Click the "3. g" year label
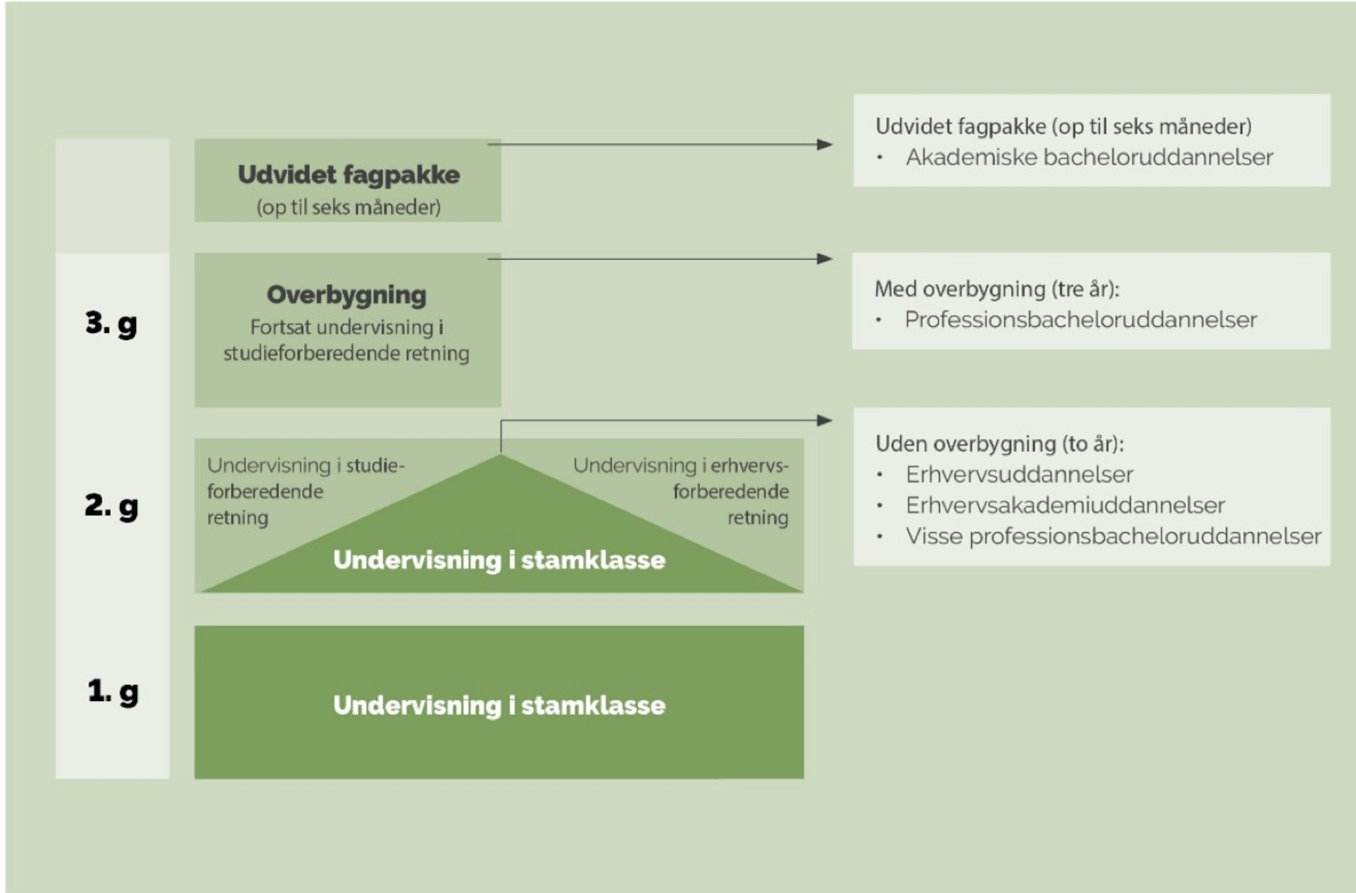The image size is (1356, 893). [111, 324]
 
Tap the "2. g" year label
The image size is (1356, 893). [111, 506]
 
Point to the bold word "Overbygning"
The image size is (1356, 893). [346, 295]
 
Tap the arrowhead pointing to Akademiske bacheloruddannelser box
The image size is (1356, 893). [824, 145]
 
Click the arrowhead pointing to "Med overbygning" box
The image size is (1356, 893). [824, 259]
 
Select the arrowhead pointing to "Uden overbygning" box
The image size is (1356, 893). [824, 421]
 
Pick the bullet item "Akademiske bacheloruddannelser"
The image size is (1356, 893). [1089, 157]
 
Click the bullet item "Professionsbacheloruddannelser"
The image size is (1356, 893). [1081, 319]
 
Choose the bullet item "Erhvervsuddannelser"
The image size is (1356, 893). [1019, 474]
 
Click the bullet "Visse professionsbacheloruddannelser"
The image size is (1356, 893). [1113, 536]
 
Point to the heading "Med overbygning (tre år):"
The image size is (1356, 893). [997, 289]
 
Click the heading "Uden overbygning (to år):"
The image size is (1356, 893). [999, 444]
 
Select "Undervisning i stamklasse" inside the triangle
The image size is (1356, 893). [499, 560]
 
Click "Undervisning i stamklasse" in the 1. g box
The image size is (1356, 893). [499, 706]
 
